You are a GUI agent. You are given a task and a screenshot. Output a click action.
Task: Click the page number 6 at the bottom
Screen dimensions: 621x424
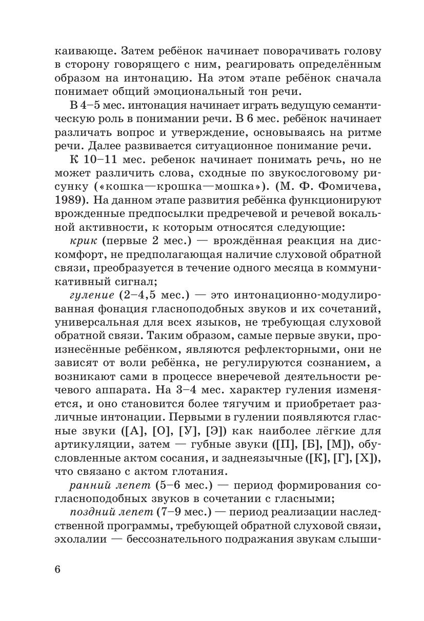[57, 569]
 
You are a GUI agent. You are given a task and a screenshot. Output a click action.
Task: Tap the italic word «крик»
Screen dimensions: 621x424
[81, 241]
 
